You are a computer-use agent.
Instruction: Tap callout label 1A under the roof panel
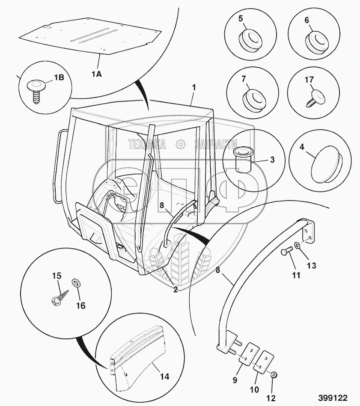96,74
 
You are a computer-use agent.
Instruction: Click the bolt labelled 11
286,254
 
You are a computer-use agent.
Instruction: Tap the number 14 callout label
164,377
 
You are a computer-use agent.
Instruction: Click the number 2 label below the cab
176,290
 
